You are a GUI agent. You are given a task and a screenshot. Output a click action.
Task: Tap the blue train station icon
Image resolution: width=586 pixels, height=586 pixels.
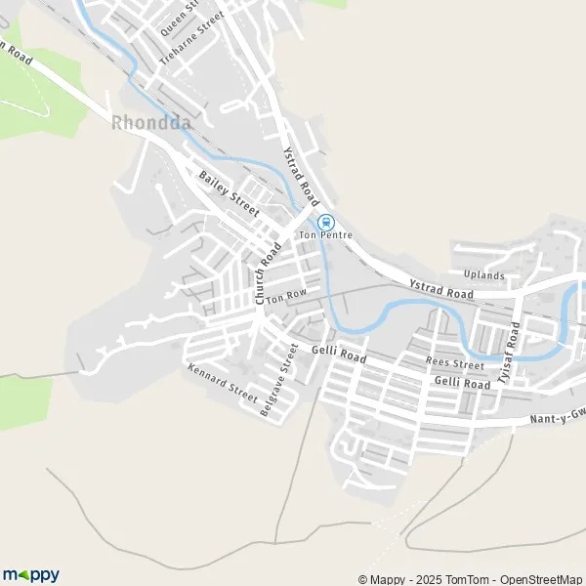point(325,222)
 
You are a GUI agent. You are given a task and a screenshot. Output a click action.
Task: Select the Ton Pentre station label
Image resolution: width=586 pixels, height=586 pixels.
point(325,235)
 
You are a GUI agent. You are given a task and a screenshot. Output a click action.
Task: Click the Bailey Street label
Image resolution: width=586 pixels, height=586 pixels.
point(229,192)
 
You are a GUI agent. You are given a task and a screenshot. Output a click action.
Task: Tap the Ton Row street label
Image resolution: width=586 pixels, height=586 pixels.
point(286,295)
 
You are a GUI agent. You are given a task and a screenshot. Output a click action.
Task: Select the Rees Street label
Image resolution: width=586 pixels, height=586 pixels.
point(455,364)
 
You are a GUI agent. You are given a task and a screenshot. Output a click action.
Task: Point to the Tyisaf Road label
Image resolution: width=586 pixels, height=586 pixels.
point(508,359)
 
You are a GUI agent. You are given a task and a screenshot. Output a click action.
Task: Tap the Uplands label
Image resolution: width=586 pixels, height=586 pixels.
point(485,275)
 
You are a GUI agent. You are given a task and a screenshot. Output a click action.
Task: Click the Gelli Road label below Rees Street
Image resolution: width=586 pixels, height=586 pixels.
point(463,384)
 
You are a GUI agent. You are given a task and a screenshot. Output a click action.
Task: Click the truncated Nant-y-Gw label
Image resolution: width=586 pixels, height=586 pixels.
point(558,418)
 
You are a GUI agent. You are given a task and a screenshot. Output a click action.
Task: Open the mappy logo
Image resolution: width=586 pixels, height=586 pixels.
point(31,574)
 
